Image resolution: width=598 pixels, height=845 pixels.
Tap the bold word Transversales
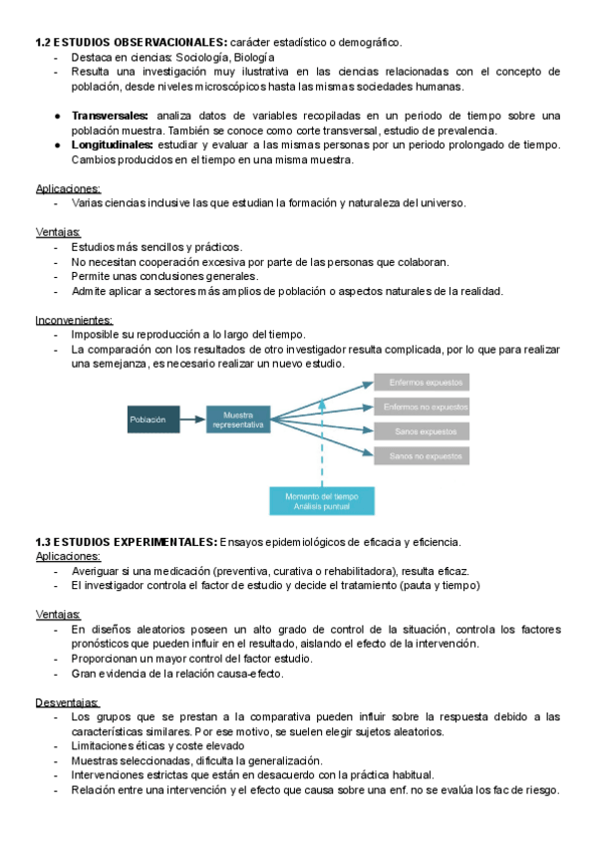pos(111,116)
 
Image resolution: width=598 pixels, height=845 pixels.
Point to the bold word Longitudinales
pos(112,145)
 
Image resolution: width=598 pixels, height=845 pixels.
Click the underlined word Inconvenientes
pos(74,320)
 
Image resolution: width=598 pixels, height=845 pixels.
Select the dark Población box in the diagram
pos(152,420)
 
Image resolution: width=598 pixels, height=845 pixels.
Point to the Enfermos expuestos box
pos(422,382)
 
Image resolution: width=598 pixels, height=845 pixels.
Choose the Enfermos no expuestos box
pos(422,407)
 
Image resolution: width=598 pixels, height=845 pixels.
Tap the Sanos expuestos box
pos(422,431)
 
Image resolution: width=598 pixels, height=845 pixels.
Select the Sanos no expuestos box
pos(422,456)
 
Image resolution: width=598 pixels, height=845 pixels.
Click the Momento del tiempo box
pos(322,500)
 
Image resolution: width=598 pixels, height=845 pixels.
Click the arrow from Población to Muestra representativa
pos(193,420)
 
